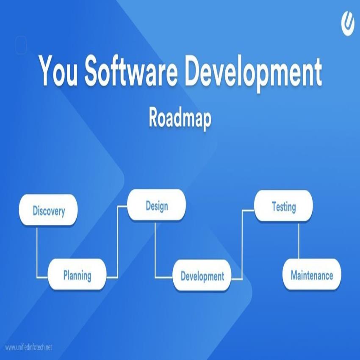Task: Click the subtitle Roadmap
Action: [x=180, y=118]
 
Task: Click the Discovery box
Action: [x=49, y=210]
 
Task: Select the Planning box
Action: [x=77, y=275]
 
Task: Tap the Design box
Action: [x=157, y=206]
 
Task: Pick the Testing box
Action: [x=283, y=207]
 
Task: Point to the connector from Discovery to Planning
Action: [x=37, y=254]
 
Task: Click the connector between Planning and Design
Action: [x=117, y=241]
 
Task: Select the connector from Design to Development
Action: [x=155, y=250]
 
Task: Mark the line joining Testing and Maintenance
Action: [x=299, y=241]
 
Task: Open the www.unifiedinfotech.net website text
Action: [x=28, y=347]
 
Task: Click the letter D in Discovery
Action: [x=36, y=210]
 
